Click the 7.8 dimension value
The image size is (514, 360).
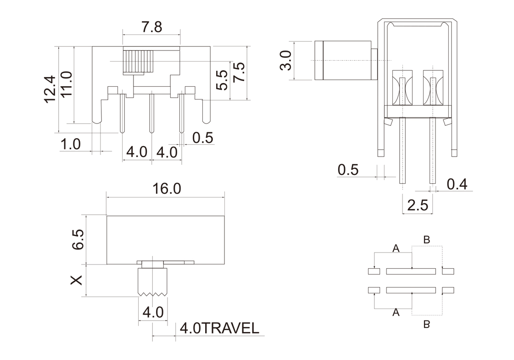coord(151,27)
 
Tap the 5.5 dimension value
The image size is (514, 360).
coord(222,79)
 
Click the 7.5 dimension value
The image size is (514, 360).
coord(239,73)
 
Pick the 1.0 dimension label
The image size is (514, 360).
coord(71,144)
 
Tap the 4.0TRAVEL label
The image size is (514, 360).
coord(219,328)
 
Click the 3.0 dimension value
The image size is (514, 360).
coord(286,60)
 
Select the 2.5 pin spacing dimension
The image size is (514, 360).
coord(417,205)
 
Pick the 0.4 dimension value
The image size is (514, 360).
coord(457,184)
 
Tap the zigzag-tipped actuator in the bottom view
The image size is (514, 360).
coord(152,281)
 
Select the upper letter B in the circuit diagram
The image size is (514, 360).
coord(426,239)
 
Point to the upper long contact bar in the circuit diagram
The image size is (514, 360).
coord(411,271)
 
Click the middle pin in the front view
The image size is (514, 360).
coord(151,112)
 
